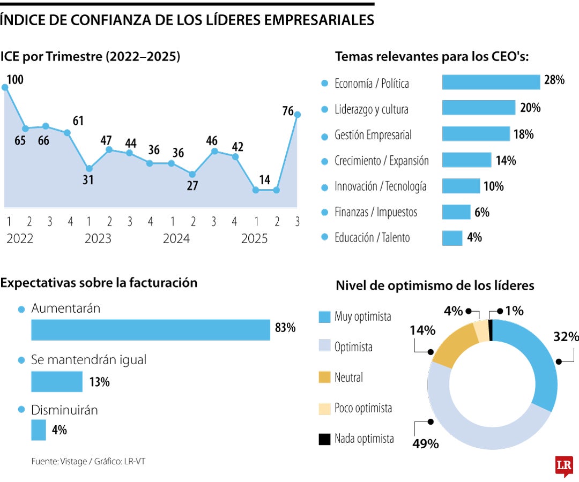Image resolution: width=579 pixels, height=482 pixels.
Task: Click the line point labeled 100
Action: [x=5, y=87]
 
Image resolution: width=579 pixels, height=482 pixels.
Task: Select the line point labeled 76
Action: [x=298, y=114]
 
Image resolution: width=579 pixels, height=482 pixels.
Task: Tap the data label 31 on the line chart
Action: [x=88, y=180]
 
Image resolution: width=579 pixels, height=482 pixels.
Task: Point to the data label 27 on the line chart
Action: [x=192, y=186]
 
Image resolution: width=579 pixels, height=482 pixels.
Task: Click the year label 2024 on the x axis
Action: [x=176, y=239]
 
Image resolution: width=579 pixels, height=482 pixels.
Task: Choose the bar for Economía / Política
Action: [x=491, y=82]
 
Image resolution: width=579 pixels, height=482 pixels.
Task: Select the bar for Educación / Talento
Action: [x=452, y=238]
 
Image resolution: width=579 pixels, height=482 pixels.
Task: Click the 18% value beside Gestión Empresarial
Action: [x=523, y=134]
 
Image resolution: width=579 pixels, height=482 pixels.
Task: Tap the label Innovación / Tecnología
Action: [x=381, y=186]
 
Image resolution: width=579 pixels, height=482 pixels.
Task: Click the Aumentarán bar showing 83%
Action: [x=151, y=330]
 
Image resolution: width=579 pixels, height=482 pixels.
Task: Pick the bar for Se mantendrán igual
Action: [x=57, y=382]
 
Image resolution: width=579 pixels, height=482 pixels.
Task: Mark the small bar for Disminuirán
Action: [x=39, y=430]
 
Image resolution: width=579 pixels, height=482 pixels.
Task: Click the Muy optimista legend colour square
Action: [x=324, y=317]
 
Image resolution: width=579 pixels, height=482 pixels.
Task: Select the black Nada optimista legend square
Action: [x=324, y=439]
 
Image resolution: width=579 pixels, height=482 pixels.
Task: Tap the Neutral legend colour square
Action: [x=324, y=378]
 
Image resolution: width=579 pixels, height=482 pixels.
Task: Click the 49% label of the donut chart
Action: [x=426, y=444]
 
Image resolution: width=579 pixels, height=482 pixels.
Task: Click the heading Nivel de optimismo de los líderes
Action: [x=435, y=285]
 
